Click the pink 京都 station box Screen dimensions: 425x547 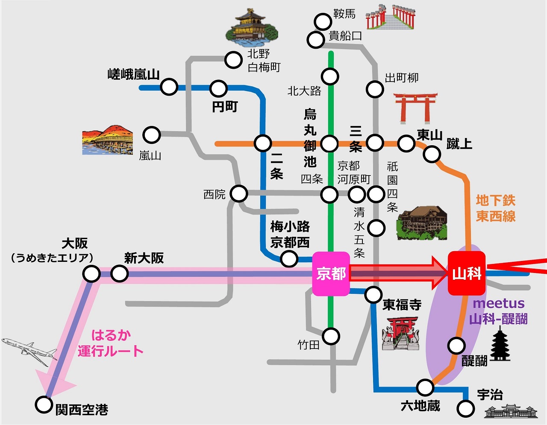(x=331, y=274)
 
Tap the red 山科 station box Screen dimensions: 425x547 (x=467, y=273)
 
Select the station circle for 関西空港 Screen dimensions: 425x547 (x=44, y=404)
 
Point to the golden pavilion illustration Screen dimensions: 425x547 (x=252, y=27)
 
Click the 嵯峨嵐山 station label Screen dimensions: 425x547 (x=133, y=74)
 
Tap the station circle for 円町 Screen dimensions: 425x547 (x=218, y=88)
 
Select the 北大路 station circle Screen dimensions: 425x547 (x=330, y=76)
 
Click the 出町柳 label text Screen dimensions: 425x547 (x=402, y=78)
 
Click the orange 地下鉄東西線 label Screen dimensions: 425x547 (x=496, y=208)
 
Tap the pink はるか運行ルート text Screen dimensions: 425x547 (x=110, y=343)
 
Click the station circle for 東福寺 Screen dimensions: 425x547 (x=373, y=294)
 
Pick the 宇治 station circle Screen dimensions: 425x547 (x=465, y=408)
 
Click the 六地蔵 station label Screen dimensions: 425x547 (x=421, y=405)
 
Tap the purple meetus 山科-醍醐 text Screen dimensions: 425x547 (x=498, y=311)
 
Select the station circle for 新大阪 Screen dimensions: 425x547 (x=119, y=273)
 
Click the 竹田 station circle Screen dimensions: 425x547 (x=331, y=337)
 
